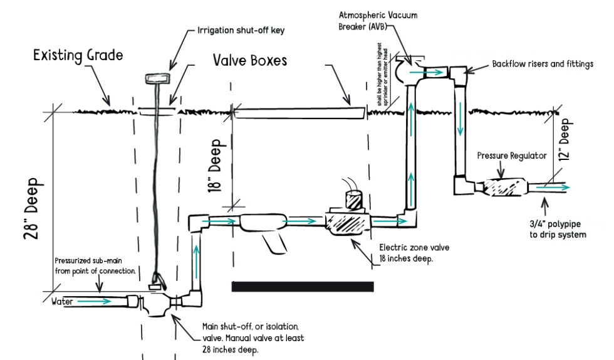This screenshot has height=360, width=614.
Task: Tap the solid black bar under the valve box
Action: pos(303,287)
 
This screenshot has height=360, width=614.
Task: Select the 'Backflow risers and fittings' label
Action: pos(543,64)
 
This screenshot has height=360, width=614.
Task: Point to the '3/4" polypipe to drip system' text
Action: pos(557,230)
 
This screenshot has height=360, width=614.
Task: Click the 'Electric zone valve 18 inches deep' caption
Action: pos(414,253)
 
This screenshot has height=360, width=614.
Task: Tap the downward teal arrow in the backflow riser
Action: pos(461,125)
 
